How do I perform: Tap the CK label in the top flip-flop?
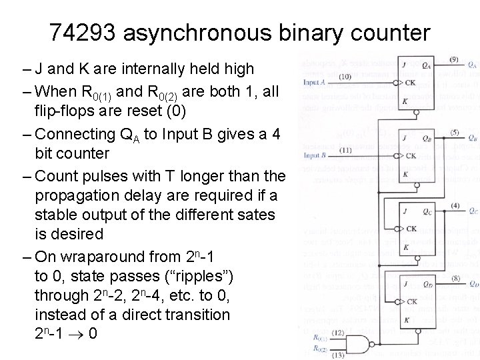point(411,83)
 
